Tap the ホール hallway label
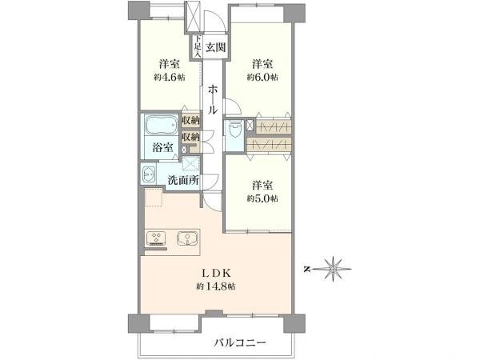pyautogui.click(x=212, y=100)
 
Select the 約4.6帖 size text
pyautogui.click(x=167, y=78)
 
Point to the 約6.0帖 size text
pyautogui.click(x=262, y=78)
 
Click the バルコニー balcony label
pyautogui.click(x=240, y=342)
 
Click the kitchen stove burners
pyautogui.click(x=155, y=238)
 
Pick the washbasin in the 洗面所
pyautogui.click(x=149, y=176)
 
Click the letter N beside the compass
pyautogui.click(x=307, y=270)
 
